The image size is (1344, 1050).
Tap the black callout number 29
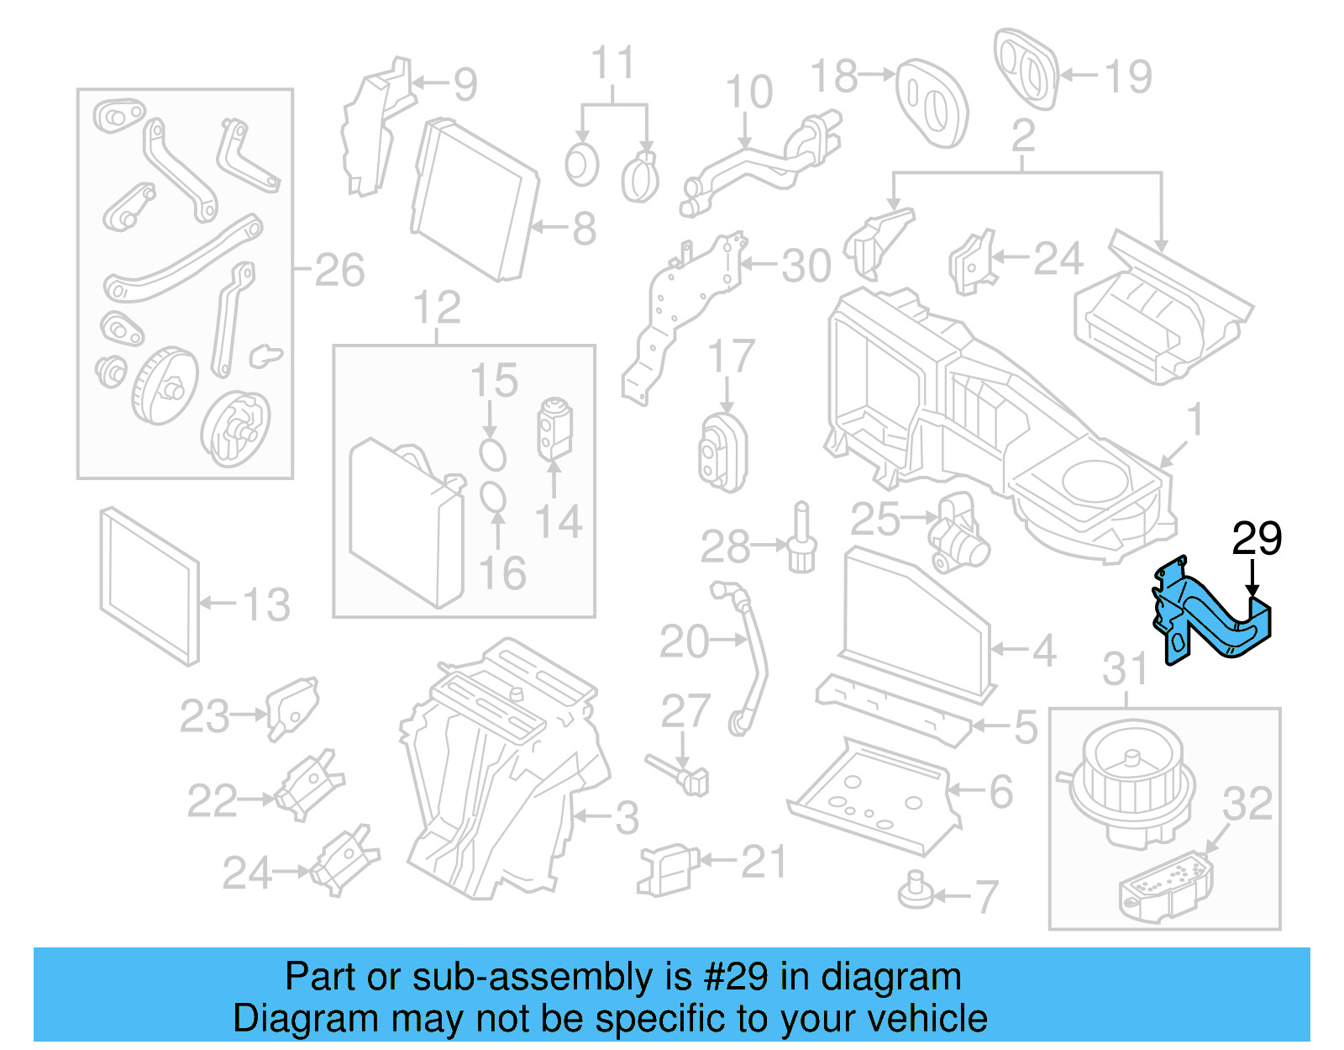[1257, 539]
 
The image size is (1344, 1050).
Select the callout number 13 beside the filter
[266, 604]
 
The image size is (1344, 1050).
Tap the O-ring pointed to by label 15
[492, 454]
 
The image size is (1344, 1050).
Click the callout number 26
[339, 270]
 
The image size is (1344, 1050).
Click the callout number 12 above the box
[437, 308]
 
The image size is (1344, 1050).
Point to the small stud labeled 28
[802, 543]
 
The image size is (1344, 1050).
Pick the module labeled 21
[669, 869]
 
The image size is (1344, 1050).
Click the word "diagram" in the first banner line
[890, 978]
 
